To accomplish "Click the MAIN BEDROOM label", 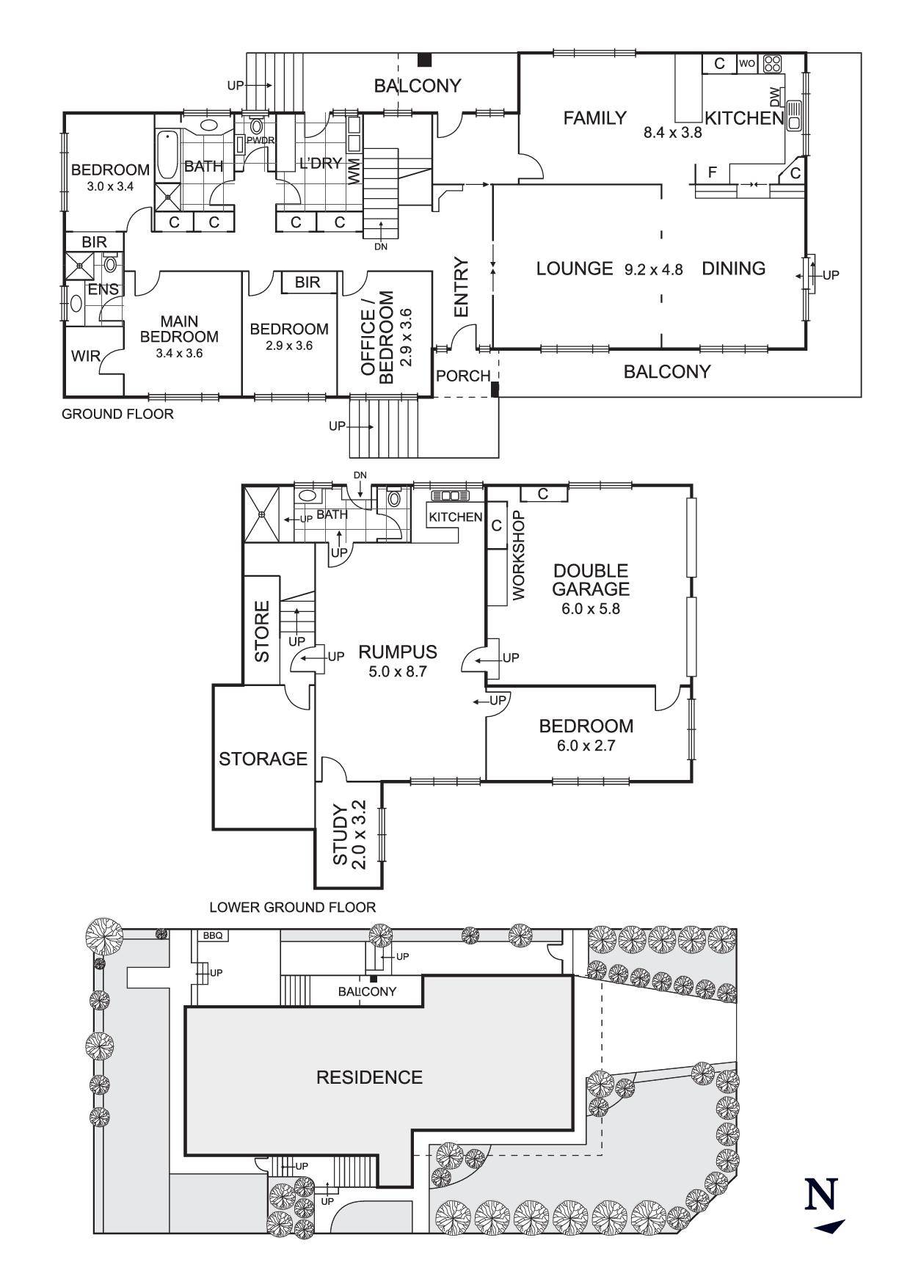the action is click(x=179, y=329).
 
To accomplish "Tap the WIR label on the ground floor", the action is click(x=85, y=357).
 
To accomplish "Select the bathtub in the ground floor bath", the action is click(x=167, y=155).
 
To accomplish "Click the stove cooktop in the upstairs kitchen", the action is click(x=772, y=63).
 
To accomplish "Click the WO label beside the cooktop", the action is click(x=746, y=64).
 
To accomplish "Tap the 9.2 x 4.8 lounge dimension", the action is click(x=653, y=269).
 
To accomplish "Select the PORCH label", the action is click(x=463, y=376).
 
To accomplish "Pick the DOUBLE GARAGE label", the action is click(x=591, y=580).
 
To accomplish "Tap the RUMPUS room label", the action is click(x=398, y=652).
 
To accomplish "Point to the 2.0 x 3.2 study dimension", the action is click(x=359, y=835).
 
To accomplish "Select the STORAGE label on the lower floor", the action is click(x=263, y=759).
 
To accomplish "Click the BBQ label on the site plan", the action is click(x=211, y=936).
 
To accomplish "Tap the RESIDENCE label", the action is click(x=369, y=1077).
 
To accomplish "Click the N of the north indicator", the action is click(x=821, y=1194).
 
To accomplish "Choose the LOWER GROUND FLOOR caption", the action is click(x=293, y=908).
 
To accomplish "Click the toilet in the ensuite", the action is click(x=110, y=263).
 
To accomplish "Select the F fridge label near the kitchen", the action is click(x=712, y=173).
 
